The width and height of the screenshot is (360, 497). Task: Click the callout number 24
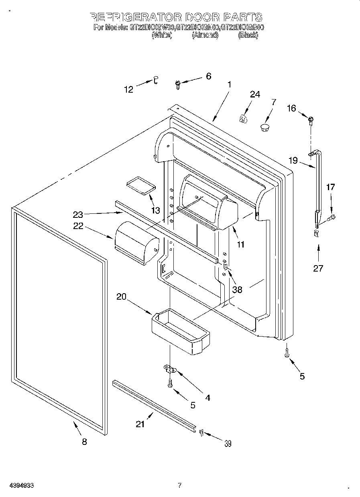[255, 95]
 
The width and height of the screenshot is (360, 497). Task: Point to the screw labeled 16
[311, 119]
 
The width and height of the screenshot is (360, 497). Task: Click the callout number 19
[293, 161]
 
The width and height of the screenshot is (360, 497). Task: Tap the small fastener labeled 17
[332, 218]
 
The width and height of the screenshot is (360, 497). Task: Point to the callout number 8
[84, 442]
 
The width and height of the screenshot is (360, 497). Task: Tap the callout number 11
[240, 244]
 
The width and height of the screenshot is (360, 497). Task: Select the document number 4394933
[20, 485]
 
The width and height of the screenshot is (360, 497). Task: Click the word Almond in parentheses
[205, 35]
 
